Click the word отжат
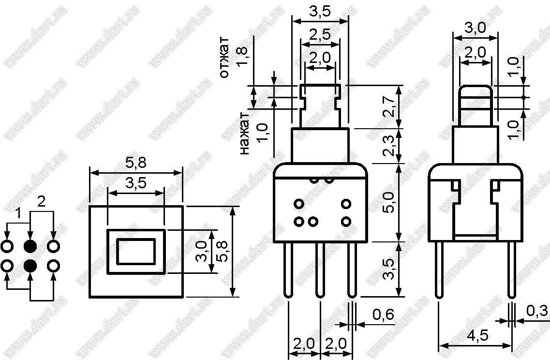point(224,57)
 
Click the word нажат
point(244,134)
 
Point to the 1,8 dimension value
point(242,57)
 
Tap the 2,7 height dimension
point(389,106)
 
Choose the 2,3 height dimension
point(389,146)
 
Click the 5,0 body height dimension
point(389,202)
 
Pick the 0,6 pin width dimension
point(383,315)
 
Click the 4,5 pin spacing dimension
point(477,336)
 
